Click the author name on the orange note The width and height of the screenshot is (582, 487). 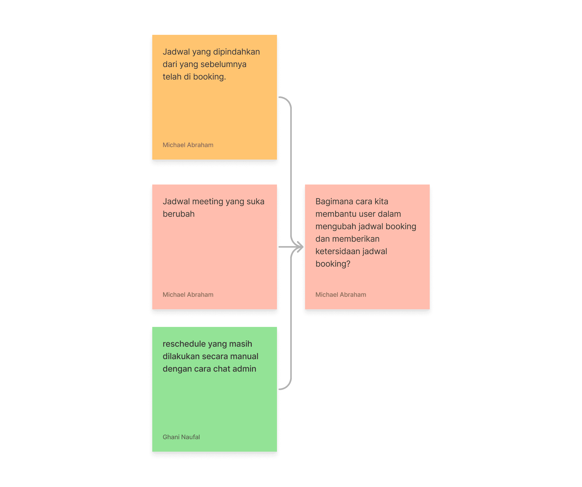tap(188, 145)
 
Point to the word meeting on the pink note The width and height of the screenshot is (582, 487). tap(208, 202)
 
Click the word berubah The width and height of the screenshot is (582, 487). tap(178, 214)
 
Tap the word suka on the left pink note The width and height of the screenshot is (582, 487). tap(255, 201)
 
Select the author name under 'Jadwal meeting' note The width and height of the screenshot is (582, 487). tap(188, 295)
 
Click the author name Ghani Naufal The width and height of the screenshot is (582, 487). tap(181, 437)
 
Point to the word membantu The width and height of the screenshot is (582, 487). tap(335, 214)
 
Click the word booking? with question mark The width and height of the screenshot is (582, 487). tap(333, 264)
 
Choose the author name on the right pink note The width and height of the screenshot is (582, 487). tap(341, 295)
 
